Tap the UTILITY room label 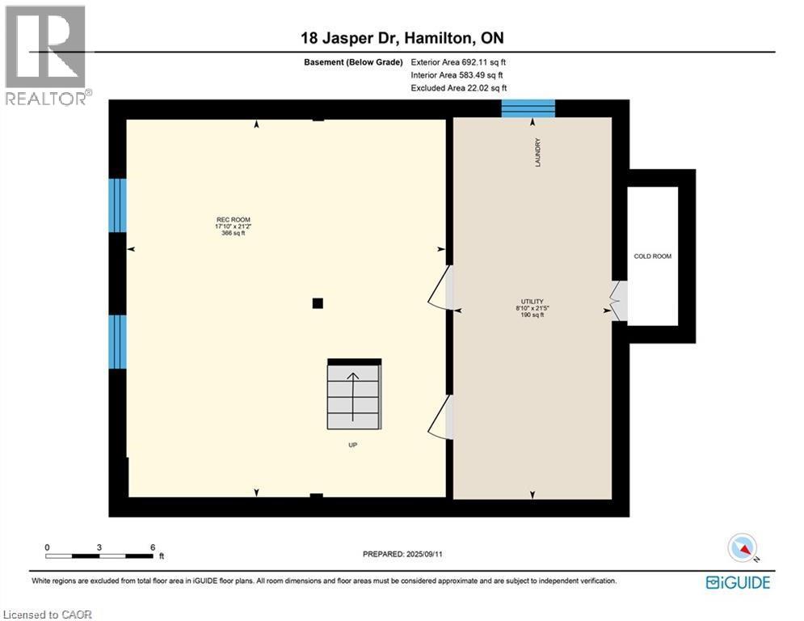(532, 302)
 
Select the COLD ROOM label (652, 256)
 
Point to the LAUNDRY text (537, 153)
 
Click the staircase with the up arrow (354, 391)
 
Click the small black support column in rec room (318, 303)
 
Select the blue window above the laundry (528, 108)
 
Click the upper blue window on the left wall (118, 205)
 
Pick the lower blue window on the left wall (118, 341)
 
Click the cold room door (618, 301)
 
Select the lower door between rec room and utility (441, 416)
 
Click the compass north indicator (741, 548)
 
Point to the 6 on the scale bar (152, 547)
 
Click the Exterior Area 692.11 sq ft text (459, 61)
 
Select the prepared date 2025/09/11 (402, 554)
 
